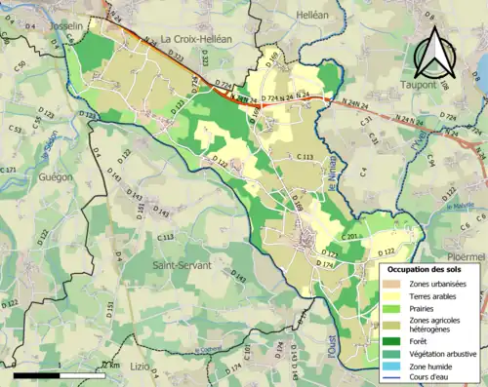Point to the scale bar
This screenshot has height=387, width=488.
coord(59,371)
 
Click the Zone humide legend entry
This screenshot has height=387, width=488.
coord(427,365)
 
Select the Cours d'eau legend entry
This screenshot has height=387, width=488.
coord(427,376)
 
